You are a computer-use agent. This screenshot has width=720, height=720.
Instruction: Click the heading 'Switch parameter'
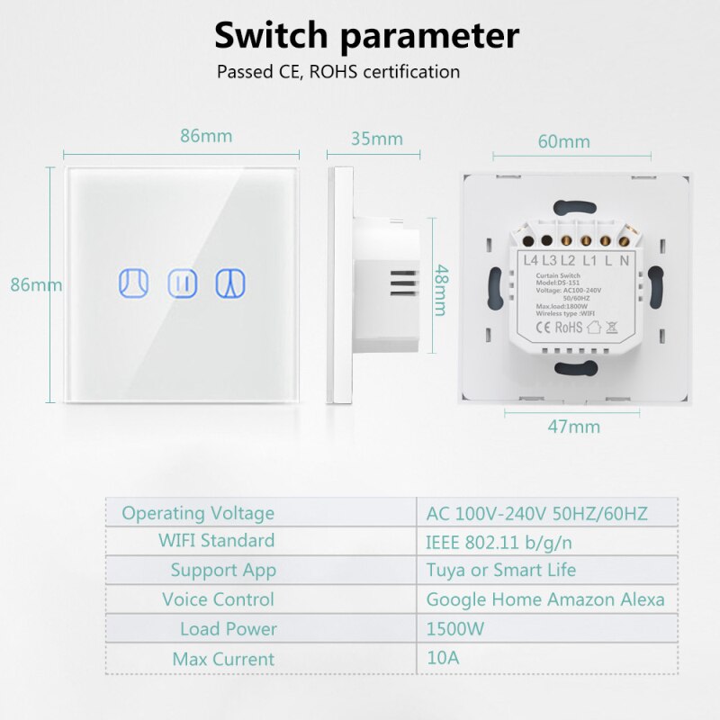click(x=365, y=36)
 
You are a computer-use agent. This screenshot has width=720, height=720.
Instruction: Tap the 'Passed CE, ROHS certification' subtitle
click(x=338, y=71)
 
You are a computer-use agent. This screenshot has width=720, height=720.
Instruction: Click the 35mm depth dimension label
click(x=376, y=139)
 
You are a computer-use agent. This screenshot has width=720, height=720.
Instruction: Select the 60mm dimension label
click(x=564, y=141)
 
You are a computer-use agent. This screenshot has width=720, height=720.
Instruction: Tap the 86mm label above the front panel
click(x=206, y=137)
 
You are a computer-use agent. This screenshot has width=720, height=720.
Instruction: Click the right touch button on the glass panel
click(x=229, y=283)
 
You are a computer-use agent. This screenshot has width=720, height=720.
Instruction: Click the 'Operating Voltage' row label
click(x=198, y=513)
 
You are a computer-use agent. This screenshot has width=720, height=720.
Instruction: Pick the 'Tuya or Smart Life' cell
click(x=500, y=570)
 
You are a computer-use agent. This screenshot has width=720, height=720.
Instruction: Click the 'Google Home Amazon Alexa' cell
click(x=545, y=599)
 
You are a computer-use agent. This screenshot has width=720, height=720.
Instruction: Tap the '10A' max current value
click(x=443, y=658)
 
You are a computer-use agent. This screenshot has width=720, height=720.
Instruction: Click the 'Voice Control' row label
click(x=218, y=599)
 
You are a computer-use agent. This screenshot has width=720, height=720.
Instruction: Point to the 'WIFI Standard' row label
click(x=216, y=542)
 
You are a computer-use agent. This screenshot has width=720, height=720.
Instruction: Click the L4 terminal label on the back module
click(x=530, y=261)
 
